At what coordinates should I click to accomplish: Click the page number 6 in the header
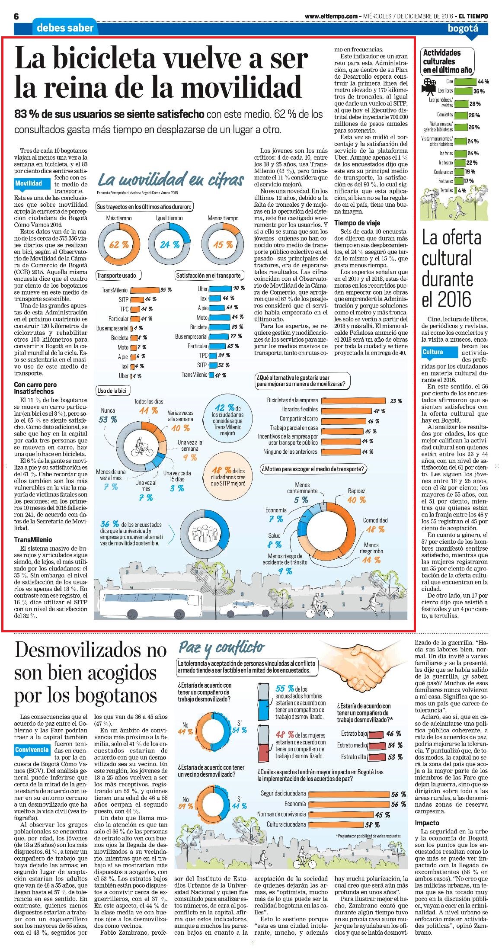point(17,16)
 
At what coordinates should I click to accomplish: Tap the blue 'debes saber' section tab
point(65,28)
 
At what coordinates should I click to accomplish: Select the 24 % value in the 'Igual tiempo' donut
point(169,244)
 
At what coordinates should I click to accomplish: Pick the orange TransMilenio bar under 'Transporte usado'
point(144,290)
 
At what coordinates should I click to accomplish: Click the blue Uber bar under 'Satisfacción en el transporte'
point(220,288)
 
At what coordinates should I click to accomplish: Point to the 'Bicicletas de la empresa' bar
point(353,401)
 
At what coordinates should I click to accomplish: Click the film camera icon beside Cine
point(428,86)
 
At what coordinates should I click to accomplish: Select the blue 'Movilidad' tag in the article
point(29,183)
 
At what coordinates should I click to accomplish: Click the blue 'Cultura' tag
point(433,352)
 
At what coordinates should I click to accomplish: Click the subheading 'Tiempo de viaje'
point(357,223)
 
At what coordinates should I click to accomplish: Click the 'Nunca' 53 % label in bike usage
point(108,415)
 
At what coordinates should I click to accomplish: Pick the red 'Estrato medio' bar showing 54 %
point(376,745)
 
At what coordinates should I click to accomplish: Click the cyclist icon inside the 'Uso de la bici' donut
point(143,447)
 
